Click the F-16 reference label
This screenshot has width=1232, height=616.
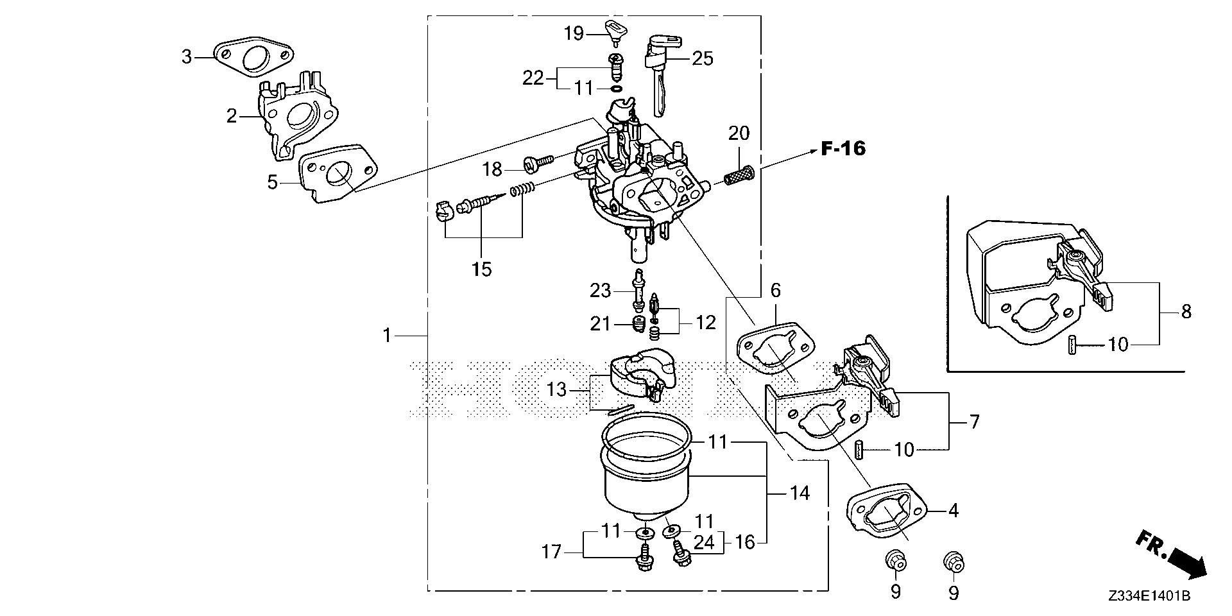843,150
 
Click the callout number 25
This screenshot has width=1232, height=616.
703,58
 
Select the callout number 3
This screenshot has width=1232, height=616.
187,57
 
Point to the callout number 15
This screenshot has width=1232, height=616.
481,269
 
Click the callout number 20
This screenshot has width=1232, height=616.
739,133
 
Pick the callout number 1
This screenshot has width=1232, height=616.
387,335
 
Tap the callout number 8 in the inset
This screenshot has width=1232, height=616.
1186,312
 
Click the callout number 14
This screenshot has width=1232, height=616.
800,493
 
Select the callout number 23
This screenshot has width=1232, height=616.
601,291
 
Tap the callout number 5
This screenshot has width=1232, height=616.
273,182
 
